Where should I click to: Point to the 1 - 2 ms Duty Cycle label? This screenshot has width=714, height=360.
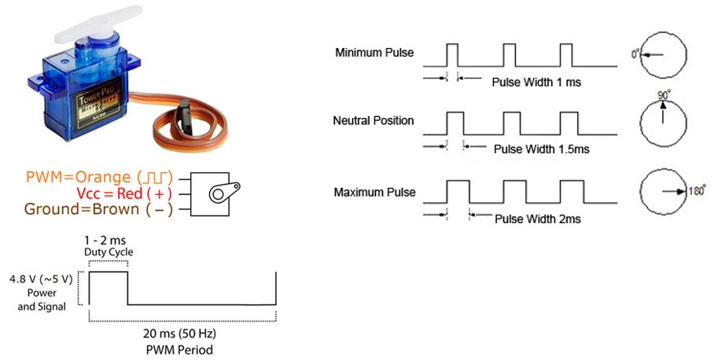coord(109,244)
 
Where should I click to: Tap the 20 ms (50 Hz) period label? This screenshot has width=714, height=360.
coord(181,333)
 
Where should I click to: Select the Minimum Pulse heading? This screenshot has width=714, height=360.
coord(374,53)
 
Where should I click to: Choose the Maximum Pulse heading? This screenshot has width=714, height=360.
coord(374,192)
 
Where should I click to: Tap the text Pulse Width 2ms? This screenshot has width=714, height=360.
coord(538,219)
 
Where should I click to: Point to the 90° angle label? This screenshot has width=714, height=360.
coord(662,94)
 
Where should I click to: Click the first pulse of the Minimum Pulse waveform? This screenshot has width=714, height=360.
coord(451,54)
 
